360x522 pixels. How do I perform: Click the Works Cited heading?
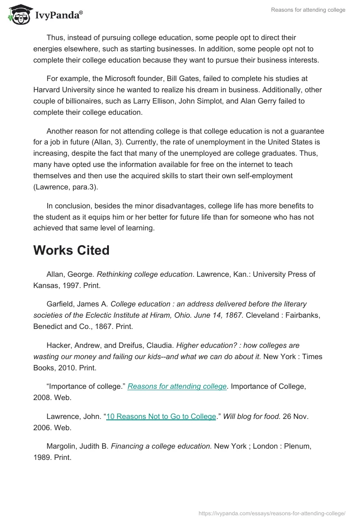pos(71,250)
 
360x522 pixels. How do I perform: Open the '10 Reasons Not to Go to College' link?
pos(161,416)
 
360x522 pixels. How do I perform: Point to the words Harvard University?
pos(67,90)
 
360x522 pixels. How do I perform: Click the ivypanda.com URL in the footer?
pos(272,513)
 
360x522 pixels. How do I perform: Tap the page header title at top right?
pos(308,10)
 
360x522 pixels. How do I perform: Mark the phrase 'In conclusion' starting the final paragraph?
pos(67,206)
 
